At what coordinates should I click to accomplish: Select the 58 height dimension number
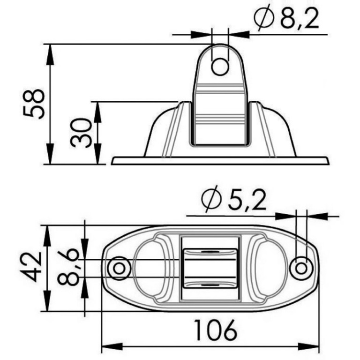click(34, 104)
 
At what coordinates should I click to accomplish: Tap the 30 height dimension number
click(81, 133)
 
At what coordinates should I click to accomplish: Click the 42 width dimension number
click(31, 267)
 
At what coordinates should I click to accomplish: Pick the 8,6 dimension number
click(68, 267)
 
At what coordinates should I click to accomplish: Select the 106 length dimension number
click(216, 330)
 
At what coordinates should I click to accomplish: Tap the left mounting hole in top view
click(120, 268)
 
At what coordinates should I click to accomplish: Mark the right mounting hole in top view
click(301, 268)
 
